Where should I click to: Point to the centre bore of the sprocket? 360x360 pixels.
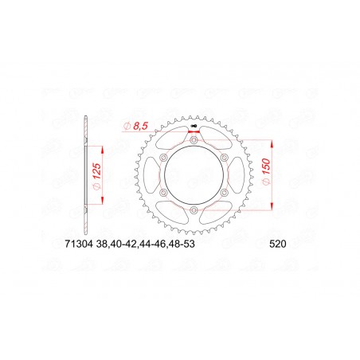[194, 174]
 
